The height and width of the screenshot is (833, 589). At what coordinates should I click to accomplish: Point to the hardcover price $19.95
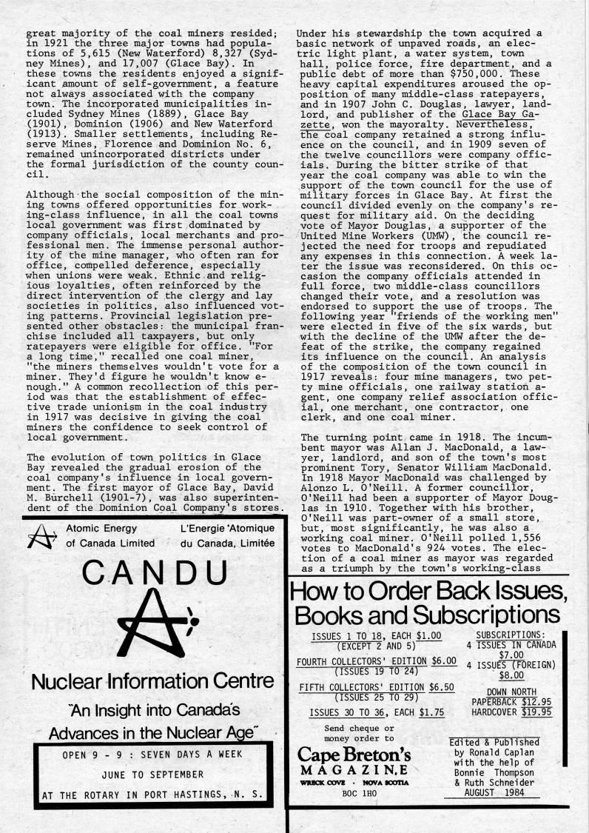pyautogui.click(x=536, y=712)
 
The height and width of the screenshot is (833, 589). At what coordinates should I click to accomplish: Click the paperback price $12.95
pyautogui.click(x=536, y=701)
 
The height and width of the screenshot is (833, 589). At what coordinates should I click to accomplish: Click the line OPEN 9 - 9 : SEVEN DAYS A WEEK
pyautogui.click(x=148, y=757)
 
